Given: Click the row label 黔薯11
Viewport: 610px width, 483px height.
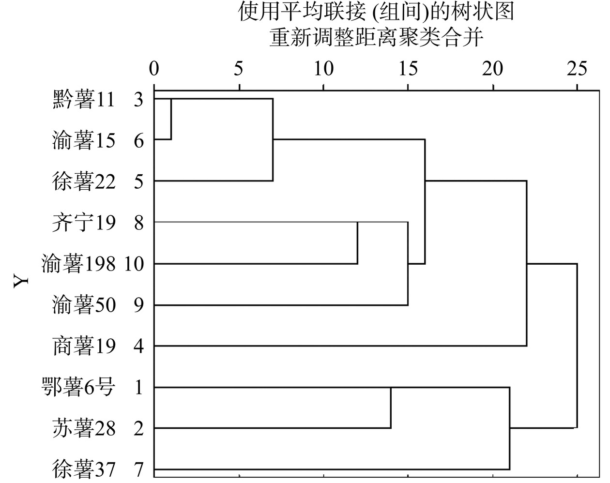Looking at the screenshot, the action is point(84,100).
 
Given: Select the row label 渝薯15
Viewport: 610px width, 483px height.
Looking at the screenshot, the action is point(84,140).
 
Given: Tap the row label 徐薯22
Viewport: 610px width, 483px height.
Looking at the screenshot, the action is point(84,181).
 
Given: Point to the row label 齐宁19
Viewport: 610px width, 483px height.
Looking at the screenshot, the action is point(84,223).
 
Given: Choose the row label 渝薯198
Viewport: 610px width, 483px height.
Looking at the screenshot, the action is point(78,264).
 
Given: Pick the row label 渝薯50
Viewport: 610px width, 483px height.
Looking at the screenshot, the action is point(84,305).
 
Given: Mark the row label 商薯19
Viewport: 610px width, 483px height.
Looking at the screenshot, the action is point(84,346).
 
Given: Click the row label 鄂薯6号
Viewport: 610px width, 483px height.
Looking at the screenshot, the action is point(78,387).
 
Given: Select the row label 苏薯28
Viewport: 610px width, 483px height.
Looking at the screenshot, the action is point(84,428).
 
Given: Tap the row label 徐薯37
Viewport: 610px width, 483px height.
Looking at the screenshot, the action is point(84,469).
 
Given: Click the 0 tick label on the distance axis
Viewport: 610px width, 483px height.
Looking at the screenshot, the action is point(154,68).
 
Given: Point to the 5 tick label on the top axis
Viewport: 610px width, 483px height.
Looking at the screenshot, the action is point(239,68).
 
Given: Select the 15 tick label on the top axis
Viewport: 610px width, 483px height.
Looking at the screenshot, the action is point(408,68).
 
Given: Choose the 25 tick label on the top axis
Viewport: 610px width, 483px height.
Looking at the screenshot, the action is point(577,68).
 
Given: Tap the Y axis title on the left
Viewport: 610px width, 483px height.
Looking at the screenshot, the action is point(21,280).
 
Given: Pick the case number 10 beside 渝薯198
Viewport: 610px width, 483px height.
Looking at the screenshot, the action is point(134,264).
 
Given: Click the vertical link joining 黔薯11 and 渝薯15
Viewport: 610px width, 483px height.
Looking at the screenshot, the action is point(171,119).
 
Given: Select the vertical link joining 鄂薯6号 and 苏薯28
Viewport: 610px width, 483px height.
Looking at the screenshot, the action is point(391,408).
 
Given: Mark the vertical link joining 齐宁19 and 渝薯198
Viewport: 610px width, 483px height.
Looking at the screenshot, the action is point(357,243).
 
